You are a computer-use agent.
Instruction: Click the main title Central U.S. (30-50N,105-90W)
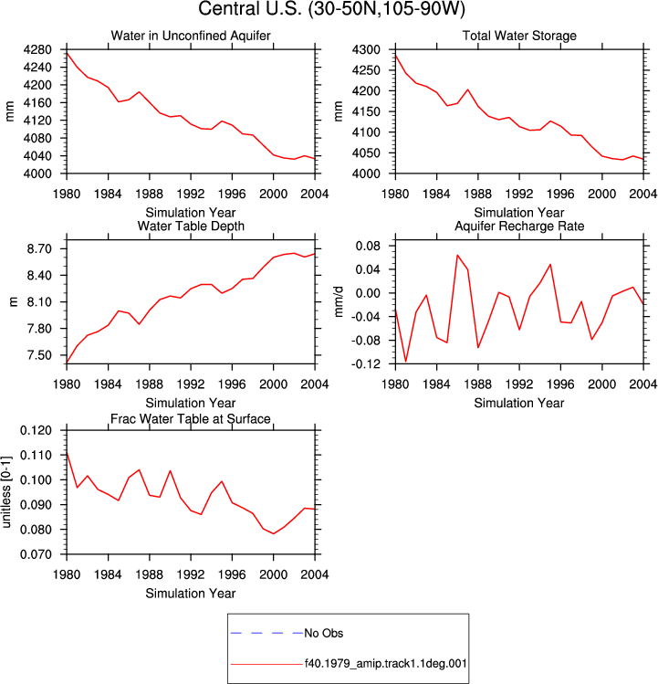point(331,9)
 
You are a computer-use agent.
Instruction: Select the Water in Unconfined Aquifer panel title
point(191,36)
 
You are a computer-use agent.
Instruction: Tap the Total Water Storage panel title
point(519,36)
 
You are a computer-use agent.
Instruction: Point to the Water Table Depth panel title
point(191,226)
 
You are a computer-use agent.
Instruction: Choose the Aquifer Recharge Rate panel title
point(519,226)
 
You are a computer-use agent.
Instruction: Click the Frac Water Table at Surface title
point(191,419)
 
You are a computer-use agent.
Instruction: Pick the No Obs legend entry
point(324,633)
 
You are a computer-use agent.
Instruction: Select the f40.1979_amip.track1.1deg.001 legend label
point(385,664)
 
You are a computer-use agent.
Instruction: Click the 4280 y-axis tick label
point(37,49)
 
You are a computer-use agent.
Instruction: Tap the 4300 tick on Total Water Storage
point(366,49)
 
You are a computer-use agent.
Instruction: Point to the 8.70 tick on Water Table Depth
point(39,249)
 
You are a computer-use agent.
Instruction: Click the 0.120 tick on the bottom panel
point(37,430)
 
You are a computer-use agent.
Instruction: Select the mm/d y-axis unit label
point(339,302)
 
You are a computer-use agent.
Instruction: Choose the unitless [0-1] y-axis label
point(6,492)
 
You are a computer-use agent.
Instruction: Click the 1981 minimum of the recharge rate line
point(406,362)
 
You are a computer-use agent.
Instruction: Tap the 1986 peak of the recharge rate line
point(457,255)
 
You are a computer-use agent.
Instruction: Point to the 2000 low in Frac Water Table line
point(274,533)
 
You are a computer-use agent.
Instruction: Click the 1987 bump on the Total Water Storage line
point(468,89)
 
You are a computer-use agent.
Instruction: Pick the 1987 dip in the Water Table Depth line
point(139,324)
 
